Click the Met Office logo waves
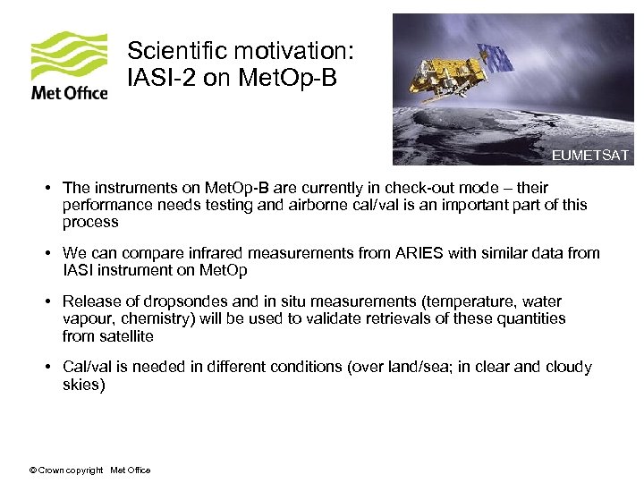pyautogui.click(x=69, y=55)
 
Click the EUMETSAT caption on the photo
pyautogui.click(x=589, y=156)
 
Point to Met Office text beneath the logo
pyautogui.click(x=69, y=92)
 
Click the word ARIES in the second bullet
pyautogui.click(x=419, y=253)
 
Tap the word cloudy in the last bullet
pyautogui.click(x=568, y=368)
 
